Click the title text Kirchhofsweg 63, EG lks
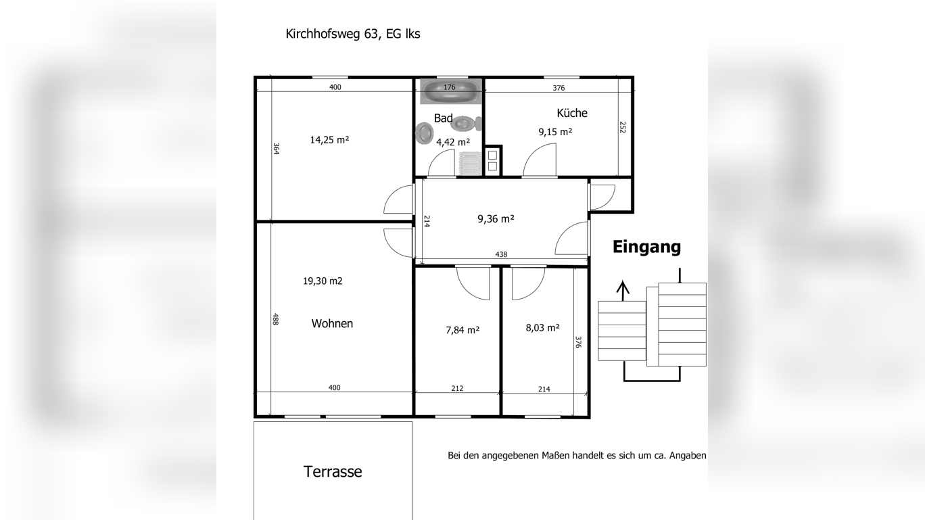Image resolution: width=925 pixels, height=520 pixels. tap(352, 34)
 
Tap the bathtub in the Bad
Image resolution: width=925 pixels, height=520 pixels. tap(450, 91)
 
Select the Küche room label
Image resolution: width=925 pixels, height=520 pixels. tap(572, 113)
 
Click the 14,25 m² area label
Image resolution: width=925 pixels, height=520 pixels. tap(329, 140)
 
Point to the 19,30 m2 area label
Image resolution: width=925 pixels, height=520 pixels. tap(323, 281)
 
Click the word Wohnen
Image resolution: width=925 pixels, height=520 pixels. tap(332, 323)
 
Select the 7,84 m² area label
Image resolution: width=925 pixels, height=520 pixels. tap(462, 330)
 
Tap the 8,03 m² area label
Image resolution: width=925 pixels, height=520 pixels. tap(542, 328)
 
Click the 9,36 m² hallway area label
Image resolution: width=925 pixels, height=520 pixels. tap(496, 218)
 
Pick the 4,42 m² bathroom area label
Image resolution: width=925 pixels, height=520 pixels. tap(452, 142)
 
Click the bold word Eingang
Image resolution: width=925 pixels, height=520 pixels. tap(646, 247)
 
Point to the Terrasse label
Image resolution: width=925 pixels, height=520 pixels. tap(332, 471)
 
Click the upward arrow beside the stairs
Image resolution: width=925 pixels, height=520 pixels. tap(623, 289)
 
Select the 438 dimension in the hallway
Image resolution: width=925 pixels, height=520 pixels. tap(501, 254)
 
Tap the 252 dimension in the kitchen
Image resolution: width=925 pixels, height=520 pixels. tap(622, 127)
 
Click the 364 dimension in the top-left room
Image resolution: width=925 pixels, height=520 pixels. tap(276, 149)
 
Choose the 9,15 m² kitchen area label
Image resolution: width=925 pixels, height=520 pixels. tap(555, 132)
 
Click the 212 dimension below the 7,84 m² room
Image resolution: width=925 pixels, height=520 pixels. tap(457, 388)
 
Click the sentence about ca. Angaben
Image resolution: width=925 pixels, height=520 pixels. tap(577, 456)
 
